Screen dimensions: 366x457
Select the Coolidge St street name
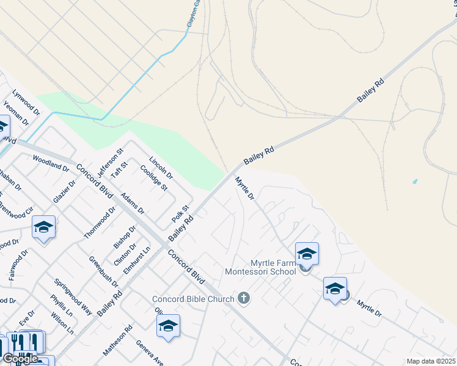[153, 176]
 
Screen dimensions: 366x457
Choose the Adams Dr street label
[133, 203]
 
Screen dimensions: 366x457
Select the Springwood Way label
[73, 296]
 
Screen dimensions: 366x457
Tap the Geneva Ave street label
[150, 353]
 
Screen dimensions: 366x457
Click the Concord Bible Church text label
[193, 299]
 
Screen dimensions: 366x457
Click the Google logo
[20, 359]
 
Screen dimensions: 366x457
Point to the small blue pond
[415, 182]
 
